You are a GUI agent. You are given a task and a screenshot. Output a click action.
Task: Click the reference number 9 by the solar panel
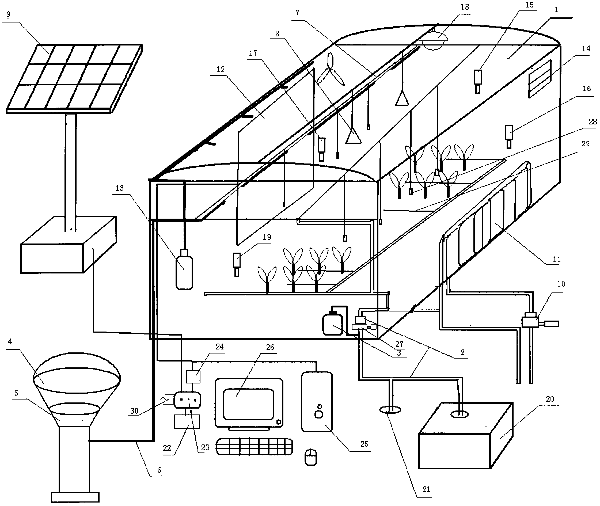pyautogui.click(x=8, y=14)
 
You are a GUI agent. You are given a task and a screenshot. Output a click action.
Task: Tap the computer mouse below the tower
pyautogui.click(x=311, y=457)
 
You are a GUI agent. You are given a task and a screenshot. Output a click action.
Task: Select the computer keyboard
pyautogui.click(x=254, y=446)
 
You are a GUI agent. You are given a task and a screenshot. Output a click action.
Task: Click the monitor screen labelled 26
pyautogui.click(x=248, y=404)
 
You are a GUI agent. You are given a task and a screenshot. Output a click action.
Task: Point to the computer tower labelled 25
pyautogui.click(x=317, y=402)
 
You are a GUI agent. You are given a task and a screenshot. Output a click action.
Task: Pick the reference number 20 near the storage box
pyautogui.click(x=549, y=399)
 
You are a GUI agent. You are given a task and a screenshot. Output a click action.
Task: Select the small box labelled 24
pyautogui.click(x=193, y=377)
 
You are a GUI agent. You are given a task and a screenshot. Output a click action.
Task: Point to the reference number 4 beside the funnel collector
pyautogui.click(x=10, y=342)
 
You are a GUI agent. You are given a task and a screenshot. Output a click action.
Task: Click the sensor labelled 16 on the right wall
pyautogui.click(x=509, y=136)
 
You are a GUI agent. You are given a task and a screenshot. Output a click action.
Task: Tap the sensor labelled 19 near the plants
pyautogui.click(x=237, y=264)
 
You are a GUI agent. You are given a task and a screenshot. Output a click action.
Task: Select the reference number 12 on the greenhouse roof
pyautogui.click(x=221, y=69)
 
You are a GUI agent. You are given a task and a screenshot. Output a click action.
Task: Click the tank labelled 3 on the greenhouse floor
pyautogui.click(x=332, y=324)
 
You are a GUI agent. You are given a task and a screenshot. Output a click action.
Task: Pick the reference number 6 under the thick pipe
pyautogui.click(x=159, y=470)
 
